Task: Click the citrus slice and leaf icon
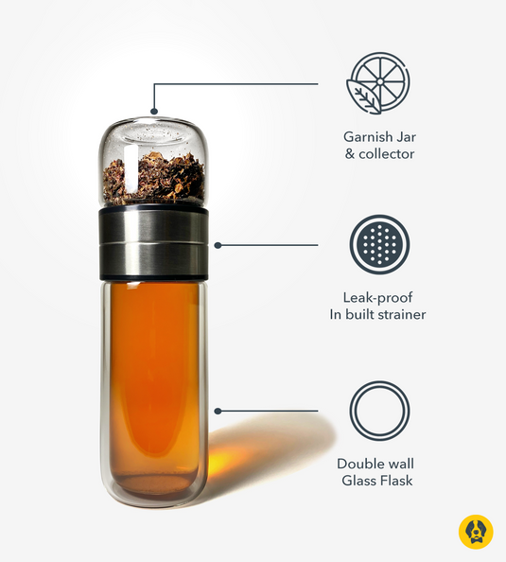379,84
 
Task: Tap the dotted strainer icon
379,245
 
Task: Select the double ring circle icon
379,412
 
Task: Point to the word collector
387,153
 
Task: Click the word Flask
397,481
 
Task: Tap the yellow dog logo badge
475,532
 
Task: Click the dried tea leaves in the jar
153,179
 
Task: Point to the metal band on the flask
153,243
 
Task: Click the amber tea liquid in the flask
152,378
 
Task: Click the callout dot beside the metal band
218,245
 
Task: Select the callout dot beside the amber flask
218,412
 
